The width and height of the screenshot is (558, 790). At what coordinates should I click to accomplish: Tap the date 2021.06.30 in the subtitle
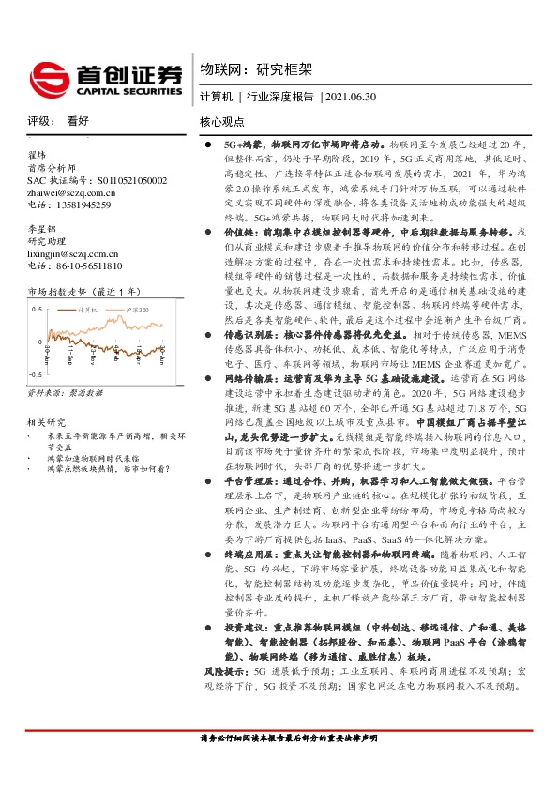[350, 98]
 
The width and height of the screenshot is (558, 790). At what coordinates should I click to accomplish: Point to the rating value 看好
[78, 121]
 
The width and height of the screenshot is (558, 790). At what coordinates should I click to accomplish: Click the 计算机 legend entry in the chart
[88, 307]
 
